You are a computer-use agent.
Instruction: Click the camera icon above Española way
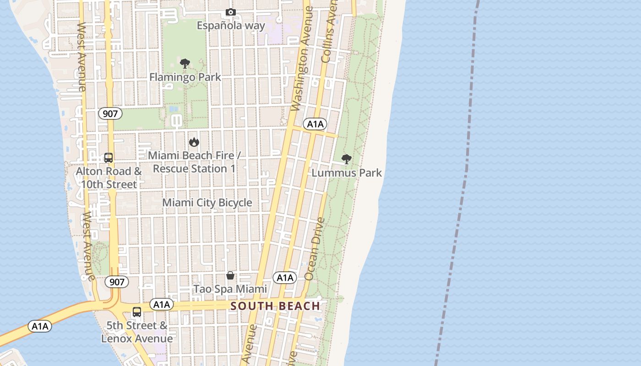(x=231, y=12)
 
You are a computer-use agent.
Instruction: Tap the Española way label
(x=231, y=25)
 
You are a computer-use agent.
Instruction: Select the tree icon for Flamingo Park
(x=185, y=64)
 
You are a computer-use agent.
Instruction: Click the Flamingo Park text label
(x=185, y=77)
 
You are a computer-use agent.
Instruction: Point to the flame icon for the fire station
(x=194, y=142)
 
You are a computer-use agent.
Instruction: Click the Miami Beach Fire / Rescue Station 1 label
(x=194, y=162)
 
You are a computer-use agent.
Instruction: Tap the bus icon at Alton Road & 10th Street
(x=109, y=158)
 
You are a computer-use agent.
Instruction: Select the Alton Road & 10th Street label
(x=109, y=178)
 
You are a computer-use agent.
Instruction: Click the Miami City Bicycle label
(x=207, y=202)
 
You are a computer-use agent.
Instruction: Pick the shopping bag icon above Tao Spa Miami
(x=230, y=275)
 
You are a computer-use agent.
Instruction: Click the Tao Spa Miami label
(x=230, y=289)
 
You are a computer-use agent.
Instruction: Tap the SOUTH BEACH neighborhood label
(x=275, y=306)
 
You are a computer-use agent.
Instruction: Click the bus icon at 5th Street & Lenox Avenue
(x=137, y=312)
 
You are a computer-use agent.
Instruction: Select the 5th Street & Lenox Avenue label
(x=137, y=332)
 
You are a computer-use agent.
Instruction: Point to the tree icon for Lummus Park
(x=347, y=159)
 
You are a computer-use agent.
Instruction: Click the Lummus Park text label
(x=347, y=173)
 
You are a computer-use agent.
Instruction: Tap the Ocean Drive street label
(x=315, y=249)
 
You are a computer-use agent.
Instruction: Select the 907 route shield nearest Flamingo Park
(x=110, y=113)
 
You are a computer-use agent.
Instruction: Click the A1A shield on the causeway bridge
(x=40, y=326)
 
